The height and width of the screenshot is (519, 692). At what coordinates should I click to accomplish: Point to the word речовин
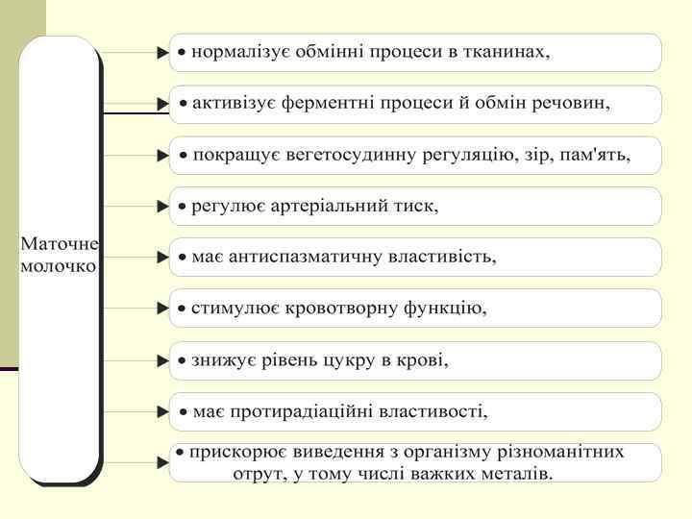point(576,103)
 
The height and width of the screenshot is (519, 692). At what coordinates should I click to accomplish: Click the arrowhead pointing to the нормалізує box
point(162,53)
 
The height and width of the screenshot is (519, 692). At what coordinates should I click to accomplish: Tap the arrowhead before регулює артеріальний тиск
point(162,206)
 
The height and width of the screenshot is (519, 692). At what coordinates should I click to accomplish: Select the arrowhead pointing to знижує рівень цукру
point(162,360)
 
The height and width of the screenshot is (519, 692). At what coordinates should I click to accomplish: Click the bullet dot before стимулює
point(182,309)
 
